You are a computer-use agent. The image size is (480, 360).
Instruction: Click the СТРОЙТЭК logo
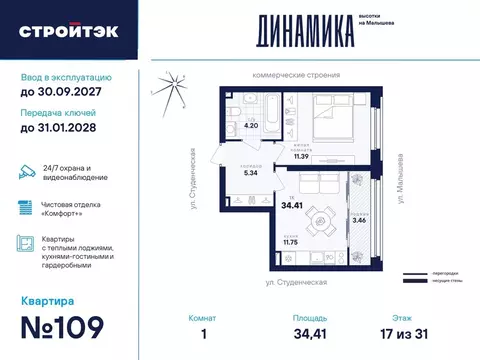pyautogui.click(x=68, y=31)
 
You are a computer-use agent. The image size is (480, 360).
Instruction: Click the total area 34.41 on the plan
pyautogui.click(x=292, y=205)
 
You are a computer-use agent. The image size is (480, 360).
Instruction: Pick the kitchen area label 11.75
pyautogui.click(x=291, y=241)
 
